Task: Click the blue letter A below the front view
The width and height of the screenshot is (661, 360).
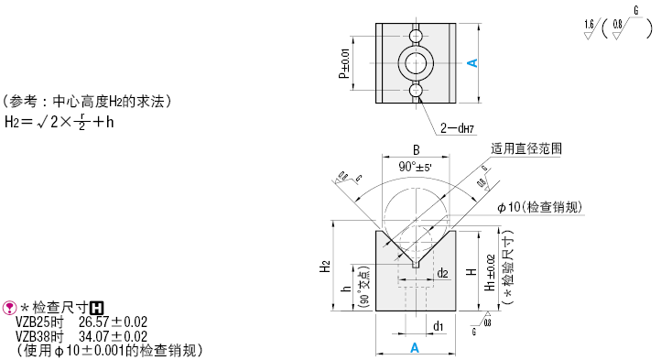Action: (x=415, y=348)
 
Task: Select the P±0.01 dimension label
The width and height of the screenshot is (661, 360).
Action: (x=344, y=64)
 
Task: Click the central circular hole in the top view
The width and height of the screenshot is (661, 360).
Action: (x=416, y=63)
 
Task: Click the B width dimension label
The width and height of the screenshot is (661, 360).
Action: (x=415, y=149)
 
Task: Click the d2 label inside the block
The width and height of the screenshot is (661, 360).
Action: (x=442, y=272)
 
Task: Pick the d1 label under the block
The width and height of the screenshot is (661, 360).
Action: (x=439, y=325)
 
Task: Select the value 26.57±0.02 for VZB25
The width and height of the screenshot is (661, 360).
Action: (x=113, y=322)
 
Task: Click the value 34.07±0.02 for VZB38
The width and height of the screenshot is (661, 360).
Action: (x=113, y=336)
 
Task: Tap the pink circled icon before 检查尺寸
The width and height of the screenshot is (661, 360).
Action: (x=10, y=309)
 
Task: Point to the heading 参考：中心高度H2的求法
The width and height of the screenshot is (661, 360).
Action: (x=86, y=101)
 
